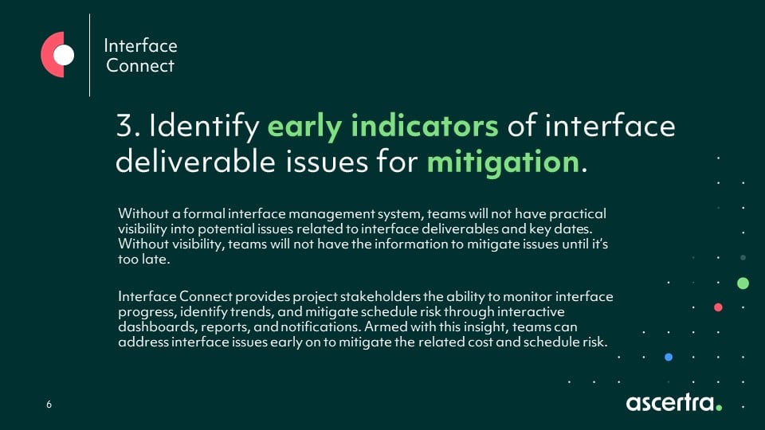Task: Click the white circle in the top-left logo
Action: [64, 55]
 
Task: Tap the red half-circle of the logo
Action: [48, 55]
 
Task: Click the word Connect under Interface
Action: [140, 65]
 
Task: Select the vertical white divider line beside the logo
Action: [90, 55]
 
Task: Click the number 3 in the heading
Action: [125, 125]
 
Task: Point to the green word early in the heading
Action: [304, 127]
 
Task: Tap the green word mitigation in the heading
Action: [503, 162]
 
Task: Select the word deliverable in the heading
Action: [195, 162]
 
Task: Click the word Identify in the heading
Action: [204, 127]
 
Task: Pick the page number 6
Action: [49, 405]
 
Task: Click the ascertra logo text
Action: [670, 402]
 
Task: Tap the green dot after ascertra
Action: [719, 407]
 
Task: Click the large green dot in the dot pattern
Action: [743, 283]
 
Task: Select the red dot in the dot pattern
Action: [718, 307]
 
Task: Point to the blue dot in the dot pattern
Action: [669, 357]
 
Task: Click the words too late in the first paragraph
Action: [144, 259]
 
